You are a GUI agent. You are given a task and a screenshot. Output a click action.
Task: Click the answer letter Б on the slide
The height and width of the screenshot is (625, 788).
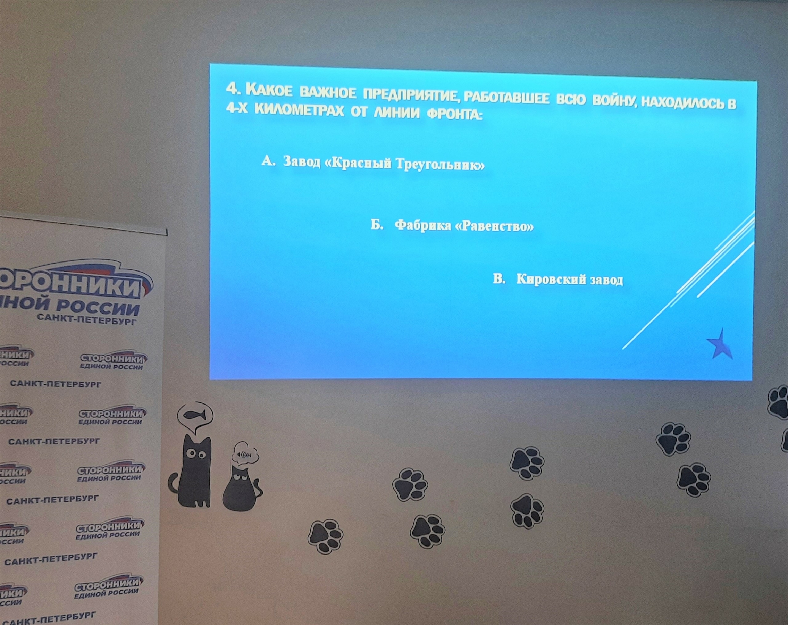tap(377, 225)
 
